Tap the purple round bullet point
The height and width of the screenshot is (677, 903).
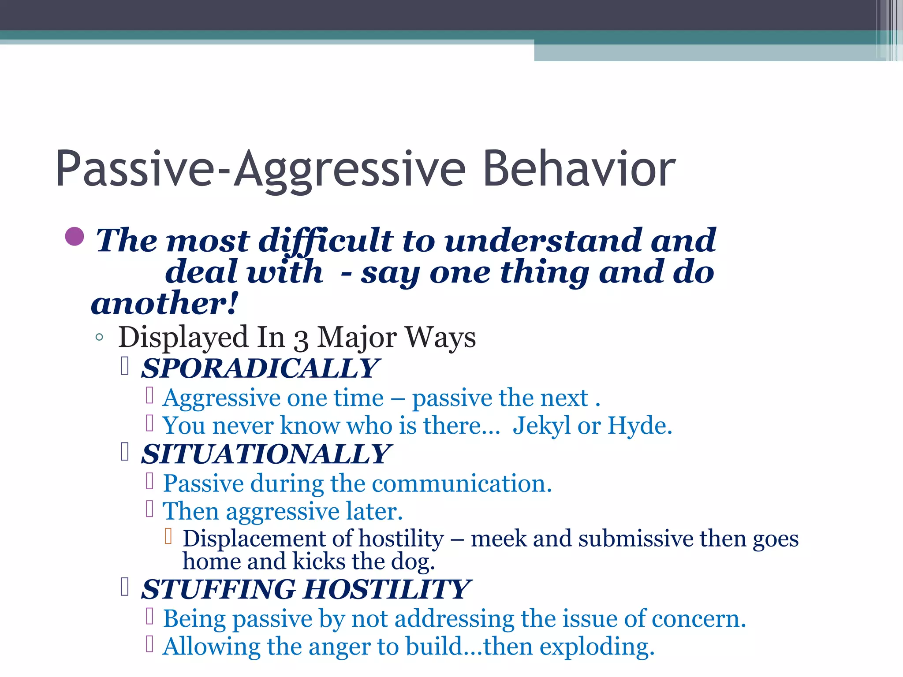75,237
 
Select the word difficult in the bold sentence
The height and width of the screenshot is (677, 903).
325,242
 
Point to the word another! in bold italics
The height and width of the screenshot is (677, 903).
164,304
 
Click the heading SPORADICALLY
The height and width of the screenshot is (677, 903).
259,368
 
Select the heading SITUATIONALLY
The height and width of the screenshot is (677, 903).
265,454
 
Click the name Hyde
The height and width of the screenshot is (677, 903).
639,426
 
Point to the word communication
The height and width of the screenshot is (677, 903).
462,484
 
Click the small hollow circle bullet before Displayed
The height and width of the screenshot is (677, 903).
99,338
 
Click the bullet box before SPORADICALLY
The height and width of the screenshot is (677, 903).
125,366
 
